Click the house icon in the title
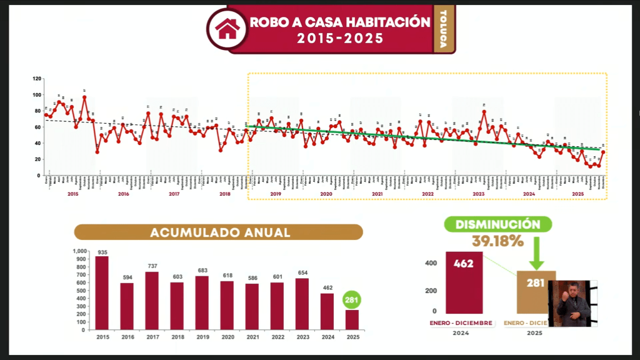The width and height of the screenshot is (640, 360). pyautogui.click(x=227, y=27)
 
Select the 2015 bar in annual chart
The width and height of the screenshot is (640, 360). pyautogui.click(x=101, y=293)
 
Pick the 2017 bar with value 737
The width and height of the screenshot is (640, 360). pyautogui.click(x=152, y=301)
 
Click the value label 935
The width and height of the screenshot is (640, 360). pyautogui.click(x=101, y=252)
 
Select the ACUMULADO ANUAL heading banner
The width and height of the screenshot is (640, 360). pyautogui.click(x=219, y=232)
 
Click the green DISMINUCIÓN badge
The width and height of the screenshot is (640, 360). pyautogui.click(x=497, y=224)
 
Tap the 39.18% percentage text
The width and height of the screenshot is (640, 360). pyautogui.click(x=497, y=241)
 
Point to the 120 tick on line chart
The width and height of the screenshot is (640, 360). pyautogui.click(x=37, y=79)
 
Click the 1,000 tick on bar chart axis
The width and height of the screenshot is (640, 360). pyautogui.click(x=81, y=251)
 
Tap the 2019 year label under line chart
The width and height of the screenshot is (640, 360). pyautogui.click(x=276, y=194)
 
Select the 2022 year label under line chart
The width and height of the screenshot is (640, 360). pyautogui.click(x=427, y=194)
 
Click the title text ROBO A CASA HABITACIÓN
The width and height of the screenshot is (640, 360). pyautogui.click(x=340, y=22)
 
